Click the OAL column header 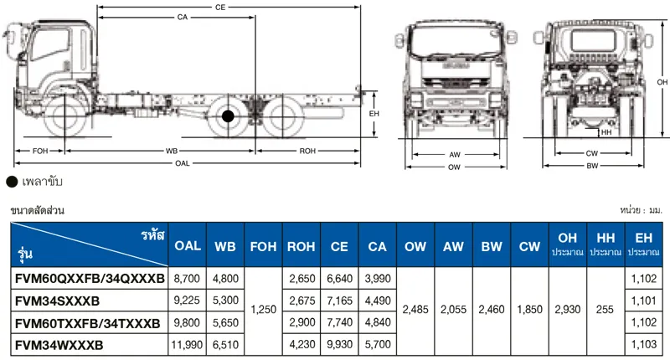pos(187,245)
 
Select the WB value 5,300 pos(225,301)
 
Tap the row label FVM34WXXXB pos(59,345)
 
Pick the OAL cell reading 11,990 pos(187,345)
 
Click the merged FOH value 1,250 pos(263,310)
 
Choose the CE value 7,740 pos(339,322)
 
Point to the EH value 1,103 pos(643,344)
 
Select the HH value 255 pos(605,310)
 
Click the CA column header pos(377,246)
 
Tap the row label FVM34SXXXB pos(57,301)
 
